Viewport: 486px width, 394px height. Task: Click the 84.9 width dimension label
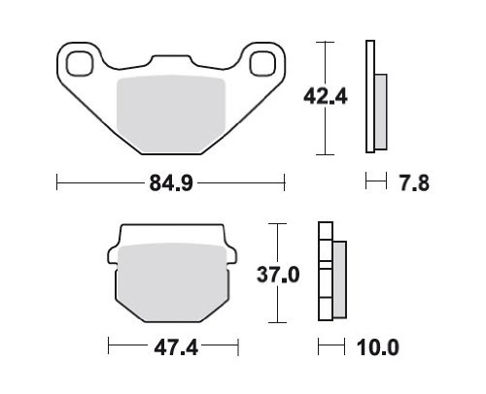point(171,182)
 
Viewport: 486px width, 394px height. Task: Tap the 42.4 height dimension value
point(326,96)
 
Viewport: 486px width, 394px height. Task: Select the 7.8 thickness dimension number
point(414,183)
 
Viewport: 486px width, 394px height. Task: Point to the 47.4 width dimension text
point(176,348)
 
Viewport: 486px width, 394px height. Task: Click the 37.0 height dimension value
point(278,276)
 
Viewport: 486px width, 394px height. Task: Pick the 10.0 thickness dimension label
point(378,347)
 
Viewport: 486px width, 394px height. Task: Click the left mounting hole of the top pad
point(80,63)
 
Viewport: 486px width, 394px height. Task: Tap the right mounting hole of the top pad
point(262,63)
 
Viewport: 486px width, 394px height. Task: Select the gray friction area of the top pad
point(171,114)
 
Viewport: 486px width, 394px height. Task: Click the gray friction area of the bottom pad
point(173,282)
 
